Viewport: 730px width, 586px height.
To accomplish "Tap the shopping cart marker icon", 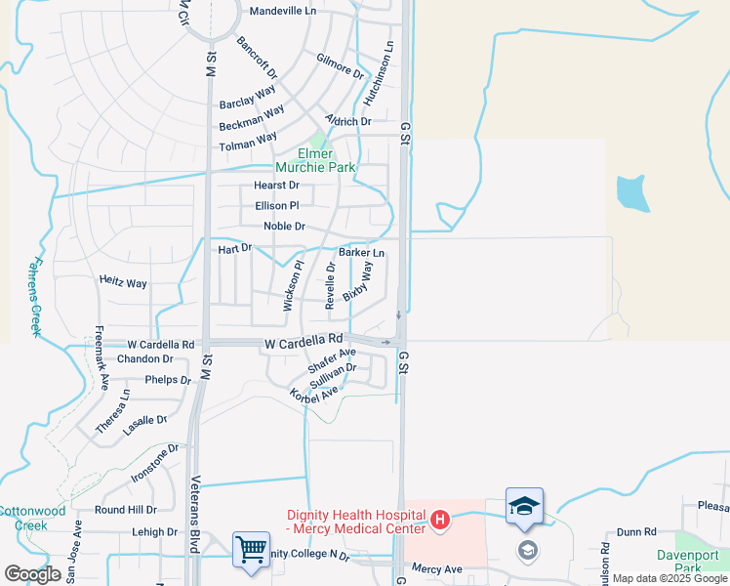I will [251, 549].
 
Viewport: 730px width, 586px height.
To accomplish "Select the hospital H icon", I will [439, 518].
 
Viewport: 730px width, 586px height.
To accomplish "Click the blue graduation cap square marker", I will [524, 506].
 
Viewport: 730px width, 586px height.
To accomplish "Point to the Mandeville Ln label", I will [283, 11].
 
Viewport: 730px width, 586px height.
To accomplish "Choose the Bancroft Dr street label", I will [258, 58].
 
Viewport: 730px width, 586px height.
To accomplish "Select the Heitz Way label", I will [123, 282].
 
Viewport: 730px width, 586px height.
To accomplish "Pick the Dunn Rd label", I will [635, 533].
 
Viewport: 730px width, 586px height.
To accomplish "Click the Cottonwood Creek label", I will [32, 517].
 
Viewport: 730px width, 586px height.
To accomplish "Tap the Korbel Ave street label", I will [313, 393].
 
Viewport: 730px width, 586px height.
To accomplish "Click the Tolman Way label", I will [248, 145].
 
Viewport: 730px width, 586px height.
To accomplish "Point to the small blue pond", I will [632, 193].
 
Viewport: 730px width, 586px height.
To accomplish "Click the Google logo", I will [32, 574].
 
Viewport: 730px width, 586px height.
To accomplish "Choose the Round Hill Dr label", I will [125, 510].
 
